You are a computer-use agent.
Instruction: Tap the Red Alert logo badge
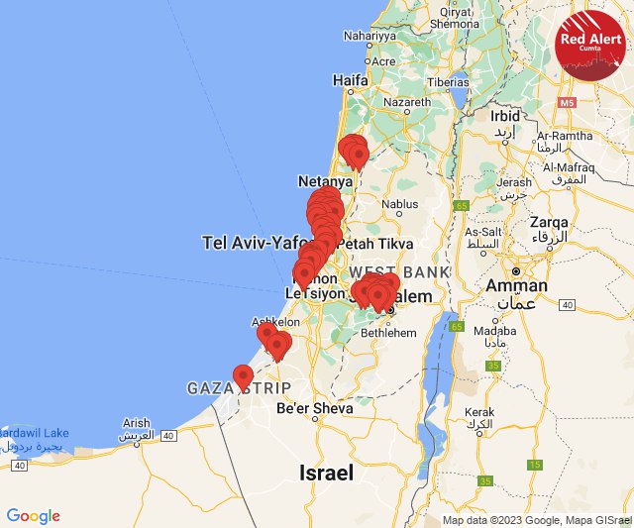tap(590, 46)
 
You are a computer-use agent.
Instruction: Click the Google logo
tap(33, 516)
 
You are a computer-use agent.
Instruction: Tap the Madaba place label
tap(489, 331)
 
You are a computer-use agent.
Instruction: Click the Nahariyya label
tap(369, 34)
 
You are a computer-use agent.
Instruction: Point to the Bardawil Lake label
tap(35, 433)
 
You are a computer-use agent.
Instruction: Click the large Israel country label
tap(326, 474)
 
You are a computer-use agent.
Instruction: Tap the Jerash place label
tap(514, 182)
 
